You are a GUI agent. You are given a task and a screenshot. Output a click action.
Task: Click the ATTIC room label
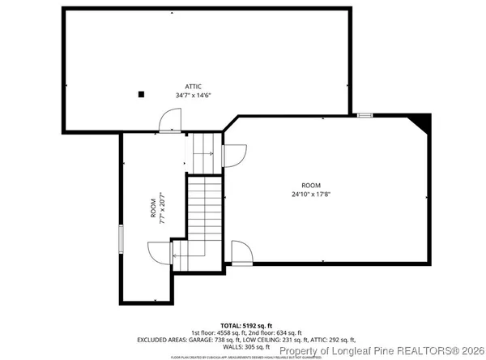pyautogui.click(x=193, y=86)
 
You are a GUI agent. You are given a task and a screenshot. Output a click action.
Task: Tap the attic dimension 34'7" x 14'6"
pyautogui.click(x=193, y=96)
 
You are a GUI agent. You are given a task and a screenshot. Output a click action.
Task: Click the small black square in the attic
pyautogui.click(x=141, y=94)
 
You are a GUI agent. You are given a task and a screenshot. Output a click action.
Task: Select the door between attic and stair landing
pyautogui.click(x=170, y=121)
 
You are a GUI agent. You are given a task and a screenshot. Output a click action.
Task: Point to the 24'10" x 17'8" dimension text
pyautogui.click(x=311, y=194)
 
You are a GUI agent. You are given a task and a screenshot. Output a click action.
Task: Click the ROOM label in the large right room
pyautogui.click(x=311, y=185)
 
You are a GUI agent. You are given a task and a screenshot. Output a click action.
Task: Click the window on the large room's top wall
pyautogui.click(x=365, y=115)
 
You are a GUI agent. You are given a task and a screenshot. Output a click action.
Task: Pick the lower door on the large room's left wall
pyautogui.click(x=240, y=251)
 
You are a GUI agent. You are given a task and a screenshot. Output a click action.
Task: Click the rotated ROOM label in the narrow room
pyautogui.click(x=153, y=208)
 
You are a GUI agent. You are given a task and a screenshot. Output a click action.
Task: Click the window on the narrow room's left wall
pyautogui.click(x=121, y=242)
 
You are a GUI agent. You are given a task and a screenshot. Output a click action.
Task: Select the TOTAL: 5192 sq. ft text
pyautogui.click(x=242, y=324)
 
